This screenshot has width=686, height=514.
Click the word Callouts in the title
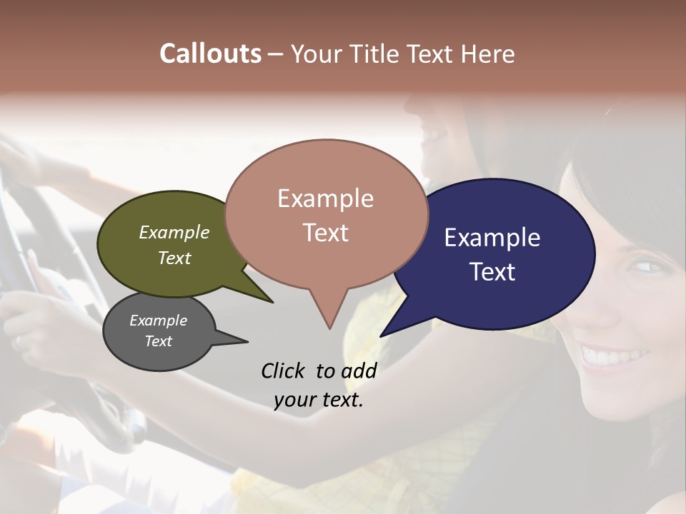[x=210, y=54]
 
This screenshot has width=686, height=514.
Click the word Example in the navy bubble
[x=492, y=238]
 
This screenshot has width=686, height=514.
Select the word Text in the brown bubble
[x=325, y=233]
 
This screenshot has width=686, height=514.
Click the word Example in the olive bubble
[x=174, y=233]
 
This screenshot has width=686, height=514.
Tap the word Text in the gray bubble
[x=158, y=341]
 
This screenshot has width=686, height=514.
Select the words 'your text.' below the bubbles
[x=318, y=400]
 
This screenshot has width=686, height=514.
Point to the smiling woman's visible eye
[x=647, y=267]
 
